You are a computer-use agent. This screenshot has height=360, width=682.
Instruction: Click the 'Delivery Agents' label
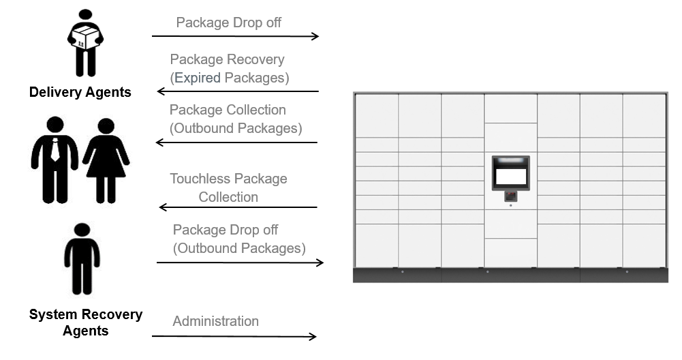80,92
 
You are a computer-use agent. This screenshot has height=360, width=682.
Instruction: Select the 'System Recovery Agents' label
86,322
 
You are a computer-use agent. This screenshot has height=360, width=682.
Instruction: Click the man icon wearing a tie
55,160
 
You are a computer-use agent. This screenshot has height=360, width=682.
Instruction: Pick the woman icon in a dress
106,160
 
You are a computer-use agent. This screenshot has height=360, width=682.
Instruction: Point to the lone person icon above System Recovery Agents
82,259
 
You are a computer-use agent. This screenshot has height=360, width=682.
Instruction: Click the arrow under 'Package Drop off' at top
235,36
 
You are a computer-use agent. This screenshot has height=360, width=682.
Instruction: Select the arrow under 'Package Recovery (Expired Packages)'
238,91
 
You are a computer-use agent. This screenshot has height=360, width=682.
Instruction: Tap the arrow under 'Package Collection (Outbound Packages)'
236,142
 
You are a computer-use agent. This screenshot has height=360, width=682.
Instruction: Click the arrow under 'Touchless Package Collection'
238,207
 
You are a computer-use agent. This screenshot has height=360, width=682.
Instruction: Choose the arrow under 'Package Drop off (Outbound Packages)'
240,262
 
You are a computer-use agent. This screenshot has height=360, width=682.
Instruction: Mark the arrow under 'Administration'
234,336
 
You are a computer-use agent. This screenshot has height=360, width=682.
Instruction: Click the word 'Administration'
215,321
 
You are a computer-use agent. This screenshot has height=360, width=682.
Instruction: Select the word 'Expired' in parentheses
198,78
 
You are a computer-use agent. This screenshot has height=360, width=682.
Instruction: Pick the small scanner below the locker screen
510,196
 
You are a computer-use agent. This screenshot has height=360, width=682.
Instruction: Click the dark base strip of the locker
510,275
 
